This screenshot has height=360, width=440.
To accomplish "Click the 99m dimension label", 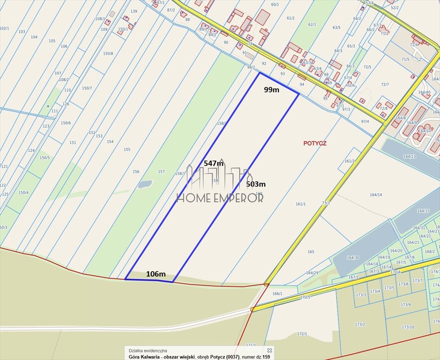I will (271, 90).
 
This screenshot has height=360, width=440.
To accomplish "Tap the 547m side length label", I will (213, 163).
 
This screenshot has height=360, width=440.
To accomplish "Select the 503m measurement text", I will (256, 184).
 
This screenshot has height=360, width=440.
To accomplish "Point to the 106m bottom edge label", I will (156, 274).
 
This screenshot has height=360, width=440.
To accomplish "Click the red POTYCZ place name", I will (314, 143).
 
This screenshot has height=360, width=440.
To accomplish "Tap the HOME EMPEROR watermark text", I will (220, 197).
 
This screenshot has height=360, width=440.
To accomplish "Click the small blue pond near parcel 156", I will (145, 184).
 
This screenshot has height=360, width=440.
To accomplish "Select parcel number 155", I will (127, 150).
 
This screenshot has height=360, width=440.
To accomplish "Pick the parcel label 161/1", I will (300, 204).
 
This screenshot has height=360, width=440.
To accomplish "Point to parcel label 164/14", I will (376, 195).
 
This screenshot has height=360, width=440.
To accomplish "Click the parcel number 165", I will (311, 252).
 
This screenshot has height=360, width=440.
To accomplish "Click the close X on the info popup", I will (269, 350).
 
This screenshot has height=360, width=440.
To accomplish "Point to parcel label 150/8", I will (108, 53).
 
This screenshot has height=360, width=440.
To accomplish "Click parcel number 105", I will (52, 41).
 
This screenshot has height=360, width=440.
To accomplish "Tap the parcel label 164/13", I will (409, 157).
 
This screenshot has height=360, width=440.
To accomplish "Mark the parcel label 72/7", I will (385, 84).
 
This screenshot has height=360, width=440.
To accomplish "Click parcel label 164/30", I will (353, 258).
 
